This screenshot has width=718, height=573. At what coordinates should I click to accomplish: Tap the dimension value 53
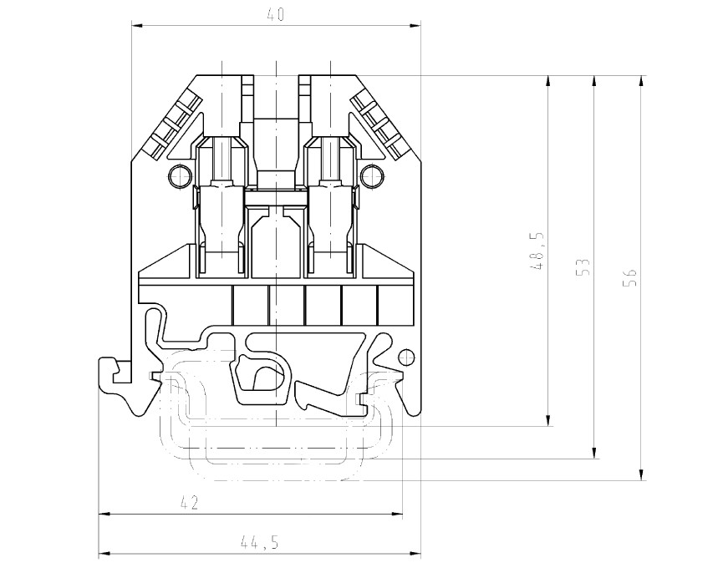pos(584,267)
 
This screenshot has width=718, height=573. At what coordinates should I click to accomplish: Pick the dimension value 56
pos(631,278)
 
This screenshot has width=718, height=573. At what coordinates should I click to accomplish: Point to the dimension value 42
pos(189,502)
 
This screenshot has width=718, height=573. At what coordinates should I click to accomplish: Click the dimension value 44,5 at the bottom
pos(259,542)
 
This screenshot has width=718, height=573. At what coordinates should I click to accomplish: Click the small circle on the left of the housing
pos(179,176)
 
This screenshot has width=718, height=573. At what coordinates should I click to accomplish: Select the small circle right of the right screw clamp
pos(373,176)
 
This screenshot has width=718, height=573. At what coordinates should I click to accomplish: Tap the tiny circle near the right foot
pos(406,357)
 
